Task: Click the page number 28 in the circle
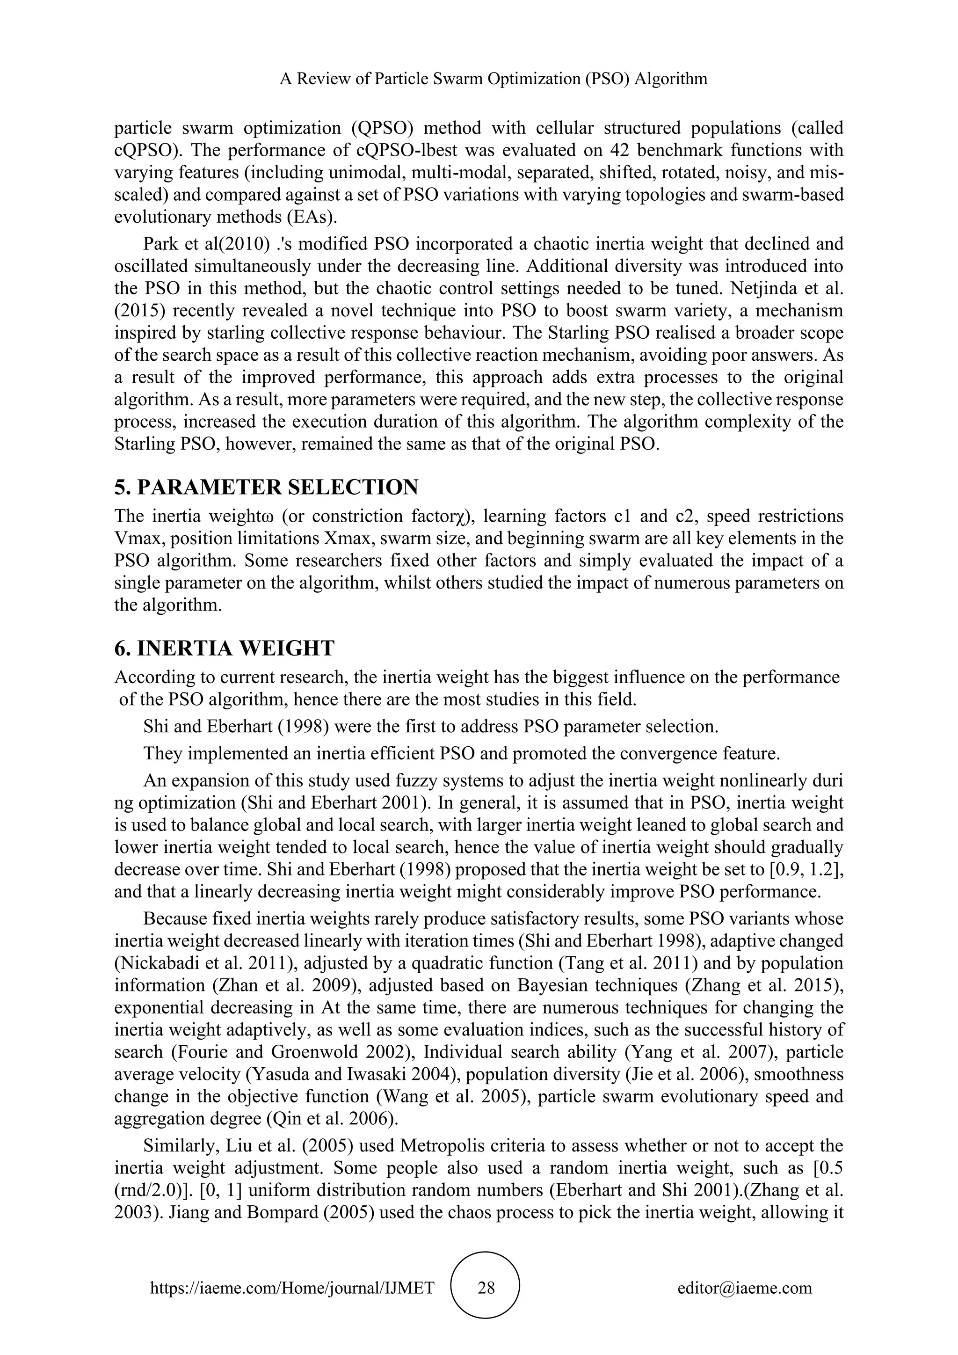486,1287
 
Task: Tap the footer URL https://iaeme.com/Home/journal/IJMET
292,1287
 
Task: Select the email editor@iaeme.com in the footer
744,1287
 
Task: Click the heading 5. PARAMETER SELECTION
266,488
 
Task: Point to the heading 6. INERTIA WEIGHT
224,648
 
